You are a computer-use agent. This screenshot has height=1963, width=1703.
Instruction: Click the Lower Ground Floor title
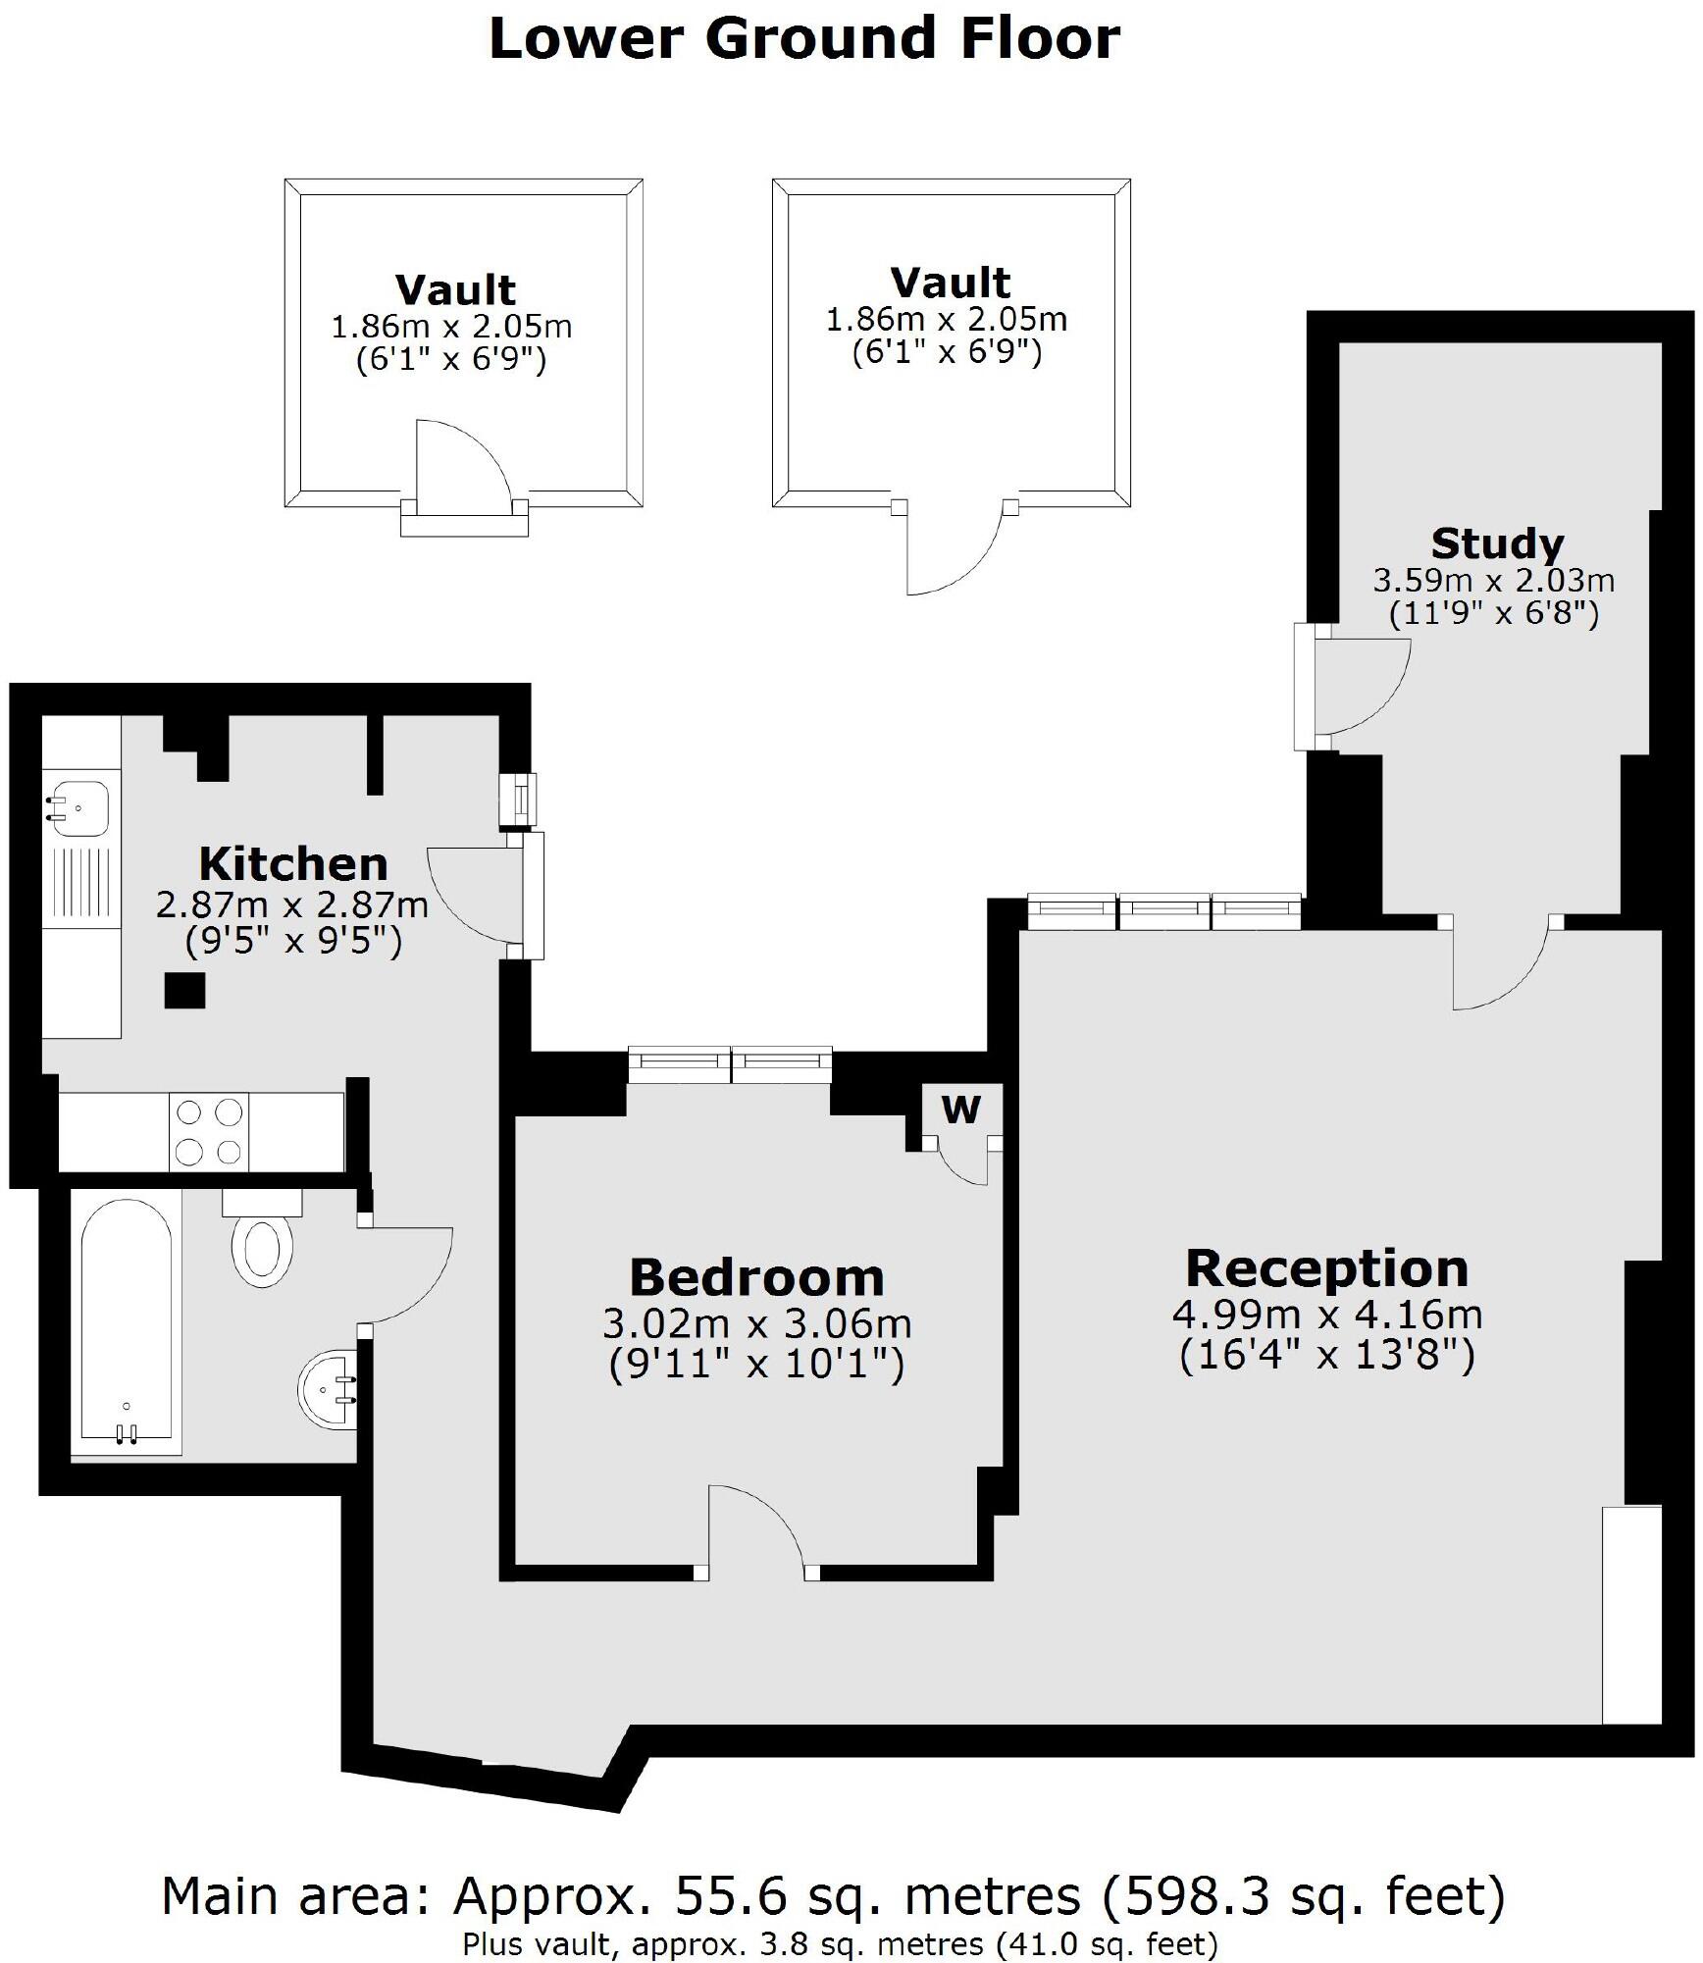pyautogui.click(x=803, y=40)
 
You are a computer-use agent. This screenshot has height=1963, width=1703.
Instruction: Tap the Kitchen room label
pyautogui.click(x=293, y=864)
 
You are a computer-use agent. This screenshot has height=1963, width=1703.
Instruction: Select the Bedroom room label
pyautogui.click(x=756, y=1278)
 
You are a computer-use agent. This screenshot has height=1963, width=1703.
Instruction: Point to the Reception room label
pyautogui.click(x=1326, y=1268)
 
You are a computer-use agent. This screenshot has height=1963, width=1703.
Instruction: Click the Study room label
pyautogui.click(x=1497, y=543)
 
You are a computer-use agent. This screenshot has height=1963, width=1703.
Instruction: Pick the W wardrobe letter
pyautogui.click(x=960, y=1110)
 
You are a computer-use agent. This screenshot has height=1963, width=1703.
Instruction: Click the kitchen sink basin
pyautogui.click(x=78, y=808)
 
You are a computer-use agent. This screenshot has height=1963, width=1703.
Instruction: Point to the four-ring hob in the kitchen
pyautogui.click(x=209, y=1131)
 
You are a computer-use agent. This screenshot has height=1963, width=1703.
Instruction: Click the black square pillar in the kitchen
pyautogui.click(x=184, y=991)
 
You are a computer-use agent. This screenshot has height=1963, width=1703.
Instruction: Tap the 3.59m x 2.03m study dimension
pyautogui.click(x=1493, y=581)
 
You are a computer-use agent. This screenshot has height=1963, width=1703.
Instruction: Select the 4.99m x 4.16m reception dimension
pyautogui.click(x=1326, y=1315)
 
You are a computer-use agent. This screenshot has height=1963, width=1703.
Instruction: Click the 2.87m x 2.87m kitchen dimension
pyautogui.click(x=292, y=904)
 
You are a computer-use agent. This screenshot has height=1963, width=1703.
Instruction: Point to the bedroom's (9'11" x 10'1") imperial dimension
pyautogui.click(x=756, y=1365)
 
